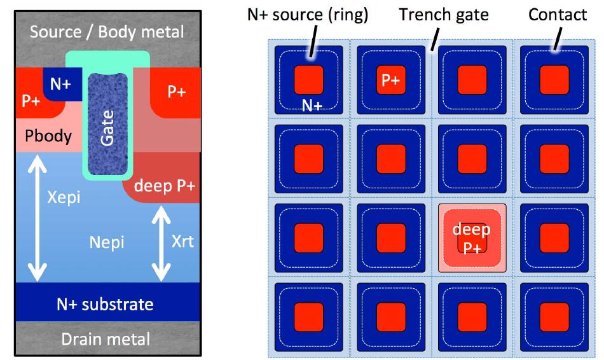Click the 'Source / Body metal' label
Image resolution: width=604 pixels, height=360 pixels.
pyautogui.click(x=107, y=32)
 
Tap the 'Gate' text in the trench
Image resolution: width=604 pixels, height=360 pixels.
pyautogui.click(x=107, y=128)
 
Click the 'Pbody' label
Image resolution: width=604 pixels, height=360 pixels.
pyautogui.click(x=48, y=136)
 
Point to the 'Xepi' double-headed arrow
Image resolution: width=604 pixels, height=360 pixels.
pyautogui.click(x=38, y=218)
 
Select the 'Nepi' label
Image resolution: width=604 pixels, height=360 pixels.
pyautogui.click(x=107, y=242)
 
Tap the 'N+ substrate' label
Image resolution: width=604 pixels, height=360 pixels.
pyautogui.click(x=105, y=304)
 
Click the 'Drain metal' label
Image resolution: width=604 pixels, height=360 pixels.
pyautogui.click(x=106, y=339)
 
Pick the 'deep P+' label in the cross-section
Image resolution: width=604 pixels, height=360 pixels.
pyautogui.click(x=165, y=186)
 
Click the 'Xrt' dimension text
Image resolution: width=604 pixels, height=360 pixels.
pyautogui.click(x=182, y=241)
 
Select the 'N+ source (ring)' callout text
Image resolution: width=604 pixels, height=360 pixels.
pyautogui.click(x=307, y=15)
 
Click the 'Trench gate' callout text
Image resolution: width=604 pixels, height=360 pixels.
pyautogui.click(x=444, y=15)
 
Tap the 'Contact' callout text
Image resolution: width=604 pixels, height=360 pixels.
pyautogui.click(x=558, y=15)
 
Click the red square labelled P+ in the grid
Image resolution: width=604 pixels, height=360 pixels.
pyautogui.click(x=391, y=80)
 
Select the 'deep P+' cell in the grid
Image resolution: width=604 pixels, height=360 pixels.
pyautogui.click(x=472, y=238)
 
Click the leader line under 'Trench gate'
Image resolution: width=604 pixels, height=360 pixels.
pyautogui.click(x=436, y=39)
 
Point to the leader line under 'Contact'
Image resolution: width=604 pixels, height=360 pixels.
pyautogui.click(x=558, y=39)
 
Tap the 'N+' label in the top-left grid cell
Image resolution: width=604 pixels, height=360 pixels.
pyautogui.click(x=312, y=105)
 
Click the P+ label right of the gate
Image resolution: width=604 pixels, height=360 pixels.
pyautogui.click(x=177, y=92)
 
